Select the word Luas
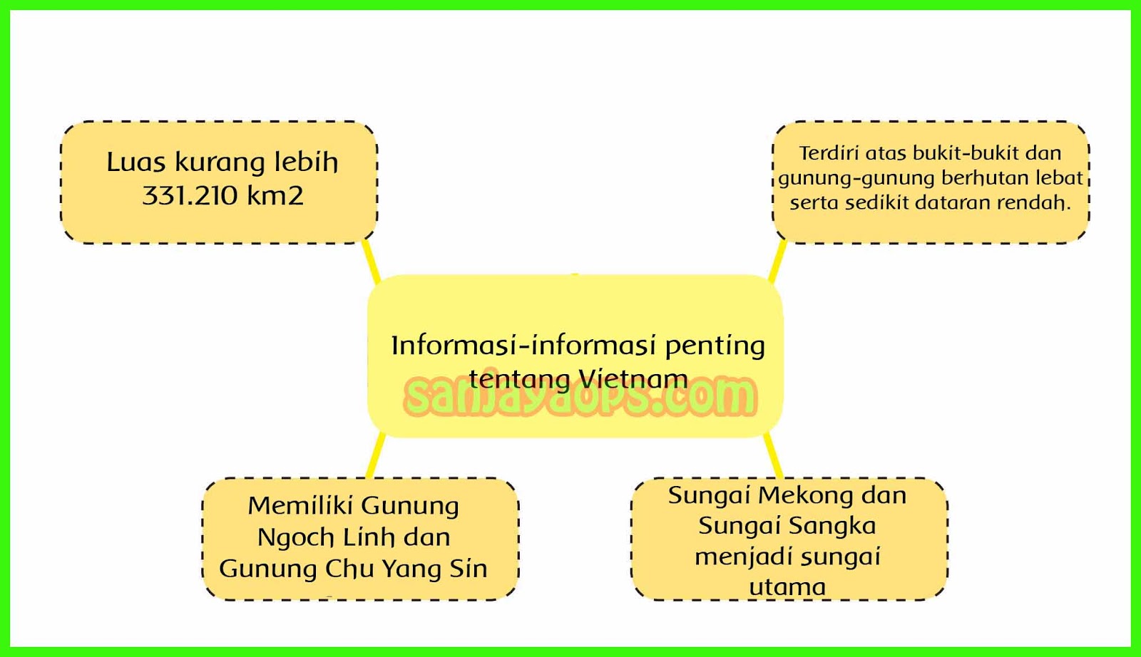pos(136,162)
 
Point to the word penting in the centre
pos(715,346)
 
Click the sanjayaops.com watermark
pos(579,398)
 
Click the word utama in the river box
pos(787,587)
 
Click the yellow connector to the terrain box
pos(777,261)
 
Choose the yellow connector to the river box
pos(772,456)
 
